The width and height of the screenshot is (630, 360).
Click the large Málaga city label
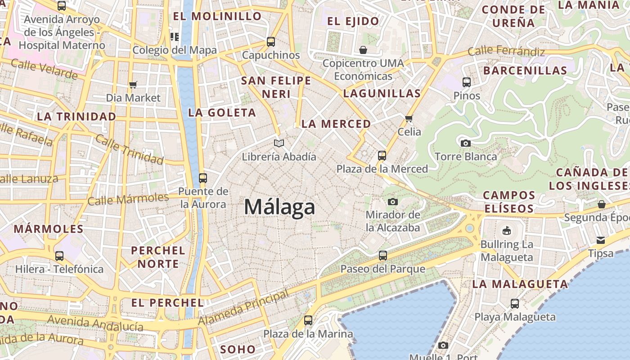[x=279, y=207]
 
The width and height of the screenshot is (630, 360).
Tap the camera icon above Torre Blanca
[x=466, y=143]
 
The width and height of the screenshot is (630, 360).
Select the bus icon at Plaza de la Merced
[x=382, y=156]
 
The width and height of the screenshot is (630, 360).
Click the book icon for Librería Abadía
[x=279, y=144]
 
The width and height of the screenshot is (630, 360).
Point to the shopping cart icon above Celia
[x=409, y=118]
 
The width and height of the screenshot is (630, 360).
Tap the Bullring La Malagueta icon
[x=507, y=231]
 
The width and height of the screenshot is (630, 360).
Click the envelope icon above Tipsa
[x=601, y=240]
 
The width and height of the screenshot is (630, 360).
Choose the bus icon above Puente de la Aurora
[x=203, y=178]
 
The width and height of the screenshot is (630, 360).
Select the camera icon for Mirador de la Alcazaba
[x=393, y=202]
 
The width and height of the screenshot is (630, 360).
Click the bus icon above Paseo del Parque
[x=383, y=256]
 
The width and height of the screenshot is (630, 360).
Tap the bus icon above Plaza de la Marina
[x=308, y=320]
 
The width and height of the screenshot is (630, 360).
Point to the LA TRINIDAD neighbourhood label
[x=76, y=117]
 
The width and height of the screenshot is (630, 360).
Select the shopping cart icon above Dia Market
[x=133, y=85]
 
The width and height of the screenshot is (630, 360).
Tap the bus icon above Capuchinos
[x=271, y=42]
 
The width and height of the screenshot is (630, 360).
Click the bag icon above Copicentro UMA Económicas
[x=363, y=49]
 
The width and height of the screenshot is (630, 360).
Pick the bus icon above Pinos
[x=467, y=82]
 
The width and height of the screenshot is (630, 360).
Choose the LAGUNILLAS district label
[x=382, y=94]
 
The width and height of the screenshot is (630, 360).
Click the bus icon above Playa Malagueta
[x=515, y=304]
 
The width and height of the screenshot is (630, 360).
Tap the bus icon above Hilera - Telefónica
[x=59, y=256]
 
